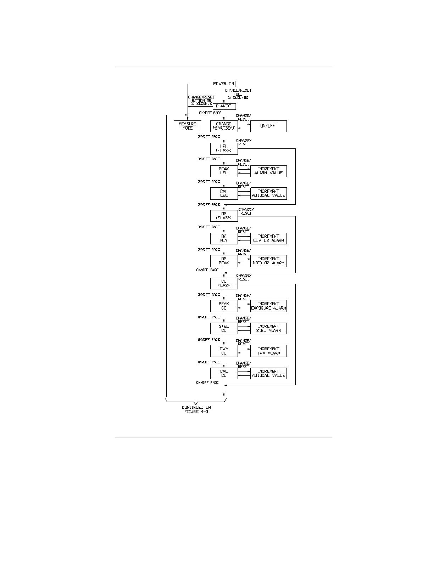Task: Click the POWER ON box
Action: point(224,84)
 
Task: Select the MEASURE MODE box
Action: point(187,126)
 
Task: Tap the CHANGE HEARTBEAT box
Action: point(224,126)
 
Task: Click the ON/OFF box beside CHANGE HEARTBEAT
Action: point(268,126)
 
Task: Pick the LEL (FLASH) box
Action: point(224,149)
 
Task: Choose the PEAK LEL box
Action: point(224,171)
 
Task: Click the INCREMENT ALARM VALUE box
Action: point(268,171)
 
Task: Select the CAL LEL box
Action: point(224,194)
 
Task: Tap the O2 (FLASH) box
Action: point(224,216)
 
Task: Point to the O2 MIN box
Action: point(224,239)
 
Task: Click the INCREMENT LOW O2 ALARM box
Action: point(268,239)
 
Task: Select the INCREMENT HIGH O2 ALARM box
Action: point(268,261)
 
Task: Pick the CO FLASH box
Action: point(224,284)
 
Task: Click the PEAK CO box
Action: point(224,306)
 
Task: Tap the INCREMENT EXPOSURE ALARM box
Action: point(268,306)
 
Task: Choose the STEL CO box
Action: point(224,329)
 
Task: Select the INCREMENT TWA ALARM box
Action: point(268,351)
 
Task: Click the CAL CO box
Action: point(224,374)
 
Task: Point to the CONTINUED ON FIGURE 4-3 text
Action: point(196,410)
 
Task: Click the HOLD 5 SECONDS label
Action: point(238,96)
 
